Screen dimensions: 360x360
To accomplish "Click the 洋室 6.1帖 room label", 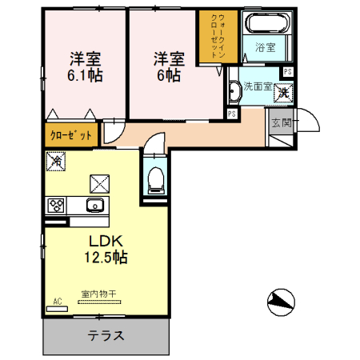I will (x=84, y=66).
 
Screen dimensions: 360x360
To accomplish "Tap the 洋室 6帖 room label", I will (x=169, y=66).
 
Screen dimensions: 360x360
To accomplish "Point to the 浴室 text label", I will (x=266, y=47).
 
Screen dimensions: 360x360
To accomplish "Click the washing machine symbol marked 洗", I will (x=283, y=92).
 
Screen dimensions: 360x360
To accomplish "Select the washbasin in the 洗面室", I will (x=234, y=94).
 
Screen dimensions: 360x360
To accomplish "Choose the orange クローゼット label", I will (x=70, y=134).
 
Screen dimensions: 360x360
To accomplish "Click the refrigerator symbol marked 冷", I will (x=56, y=162).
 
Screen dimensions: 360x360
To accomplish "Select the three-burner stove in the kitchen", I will (x=57, y=206).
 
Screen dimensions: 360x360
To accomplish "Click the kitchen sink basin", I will (x=95, y=206).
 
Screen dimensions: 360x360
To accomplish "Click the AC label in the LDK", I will (x=57, y=302).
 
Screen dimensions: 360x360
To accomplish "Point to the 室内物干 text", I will (x=98, y=294).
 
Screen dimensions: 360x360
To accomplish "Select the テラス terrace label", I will (x=106, y=336).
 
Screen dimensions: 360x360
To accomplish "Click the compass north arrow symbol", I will (x=279, y=302).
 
